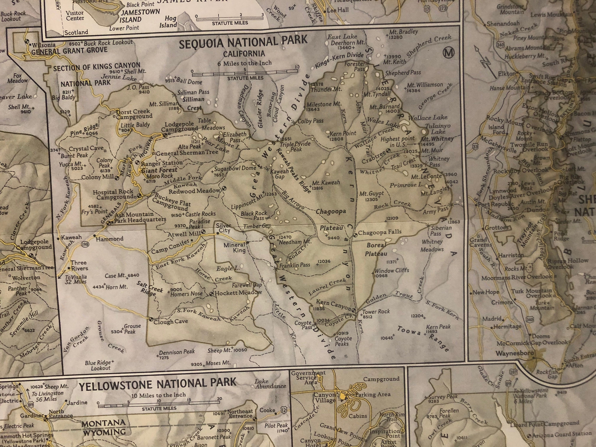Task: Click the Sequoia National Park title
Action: pos(243,42)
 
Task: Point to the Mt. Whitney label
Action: pos(437,139)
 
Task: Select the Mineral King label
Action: pos(235,248)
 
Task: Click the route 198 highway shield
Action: pos(85,244)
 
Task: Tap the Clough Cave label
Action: pos(170,321)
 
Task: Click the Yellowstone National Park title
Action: pos(158,383)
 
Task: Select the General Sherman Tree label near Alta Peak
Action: pos(187,153)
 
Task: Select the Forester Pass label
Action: pos(355,66)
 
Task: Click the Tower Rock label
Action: pos(376,312)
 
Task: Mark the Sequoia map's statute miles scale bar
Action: pos(245,72)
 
